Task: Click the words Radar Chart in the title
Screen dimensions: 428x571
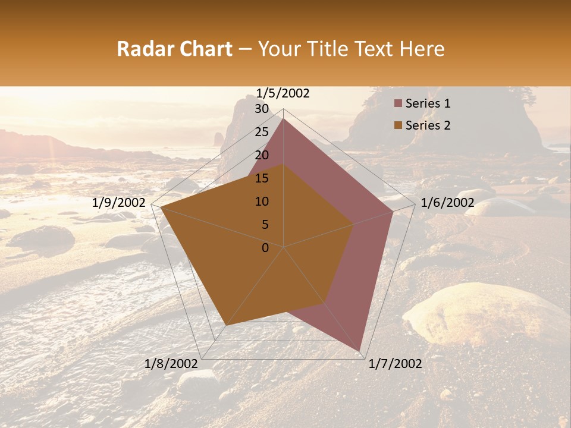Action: point(174,49)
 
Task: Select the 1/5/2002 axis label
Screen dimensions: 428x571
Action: point(283,93)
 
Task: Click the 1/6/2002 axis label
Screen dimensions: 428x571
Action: point(447,203)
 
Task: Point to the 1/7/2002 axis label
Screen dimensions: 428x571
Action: point(395,364)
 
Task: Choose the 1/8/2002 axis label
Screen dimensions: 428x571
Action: point(171,364)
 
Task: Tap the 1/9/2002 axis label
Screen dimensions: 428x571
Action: point(119,203)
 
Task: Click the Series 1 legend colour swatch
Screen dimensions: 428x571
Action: point(398,104)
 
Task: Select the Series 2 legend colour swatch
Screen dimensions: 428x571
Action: point(398,125)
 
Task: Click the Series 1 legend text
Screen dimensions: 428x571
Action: point(428,104)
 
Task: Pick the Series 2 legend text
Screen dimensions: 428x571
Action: point(428,125)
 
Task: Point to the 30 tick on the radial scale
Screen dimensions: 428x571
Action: point(262,109)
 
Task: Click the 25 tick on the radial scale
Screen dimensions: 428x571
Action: point(262,132)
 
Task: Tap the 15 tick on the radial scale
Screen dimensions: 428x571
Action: point(262,178)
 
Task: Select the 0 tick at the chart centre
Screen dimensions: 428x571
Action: point(265,248)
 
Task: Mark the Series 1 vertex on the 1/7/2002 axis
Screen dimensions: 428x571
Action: point(360,351)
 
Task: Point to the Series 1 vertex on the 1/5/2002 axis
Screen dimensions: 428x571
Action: point(284,118)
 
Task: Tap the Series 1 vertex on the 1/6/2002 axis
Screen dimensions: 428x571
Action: point(393,211)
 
